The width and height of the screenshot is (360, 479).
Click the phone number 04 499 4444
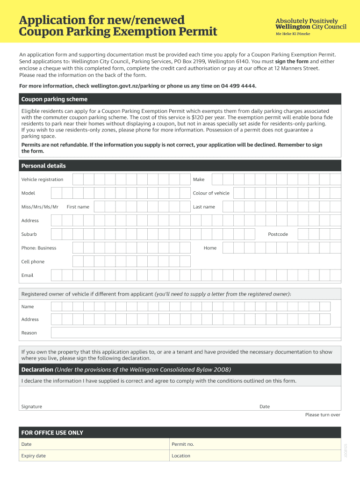click(x=236, y=86)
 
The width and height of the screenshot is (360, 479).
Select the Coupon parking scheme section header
click(x=54, y=99)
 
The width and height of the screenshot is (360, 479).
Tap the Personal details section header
click(x=43, y=166)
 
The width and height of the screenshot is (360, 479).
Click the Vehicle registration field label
click(x=42, y=180)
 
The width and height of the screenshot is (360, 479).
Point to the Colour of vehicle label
click(x=211, y=193)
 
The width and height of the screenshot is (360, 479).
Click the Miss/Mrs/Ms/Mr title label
click(x=40, y=207)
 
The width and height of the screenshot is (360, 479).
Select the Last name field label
click(x=204, y=207)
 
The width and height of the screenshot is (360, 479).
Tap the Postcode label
click(x=278, y=234)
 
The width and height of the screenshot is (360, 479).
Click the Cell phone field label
click(x=33, y=261)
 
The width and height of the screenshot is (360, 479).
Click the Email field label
click(x=27, y=275)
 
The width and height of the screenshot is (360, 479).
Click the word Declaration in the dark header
click(x=37, y=370)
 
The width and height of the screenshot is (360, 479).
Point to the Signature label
click(x=31, y=406)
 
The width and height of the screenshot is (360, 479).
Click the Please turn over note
click(x=323, y=415)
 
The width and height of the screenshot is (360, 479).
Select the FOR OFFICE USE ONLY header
click(x=52, y=433)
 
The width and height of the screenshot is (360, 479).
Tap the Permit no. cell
click(x=254, y=444)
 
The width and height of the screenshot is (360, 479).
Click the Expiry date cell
click(x=94, y=456)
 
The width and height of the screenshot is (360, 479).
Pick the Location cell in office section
click(x=254, y=456)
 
